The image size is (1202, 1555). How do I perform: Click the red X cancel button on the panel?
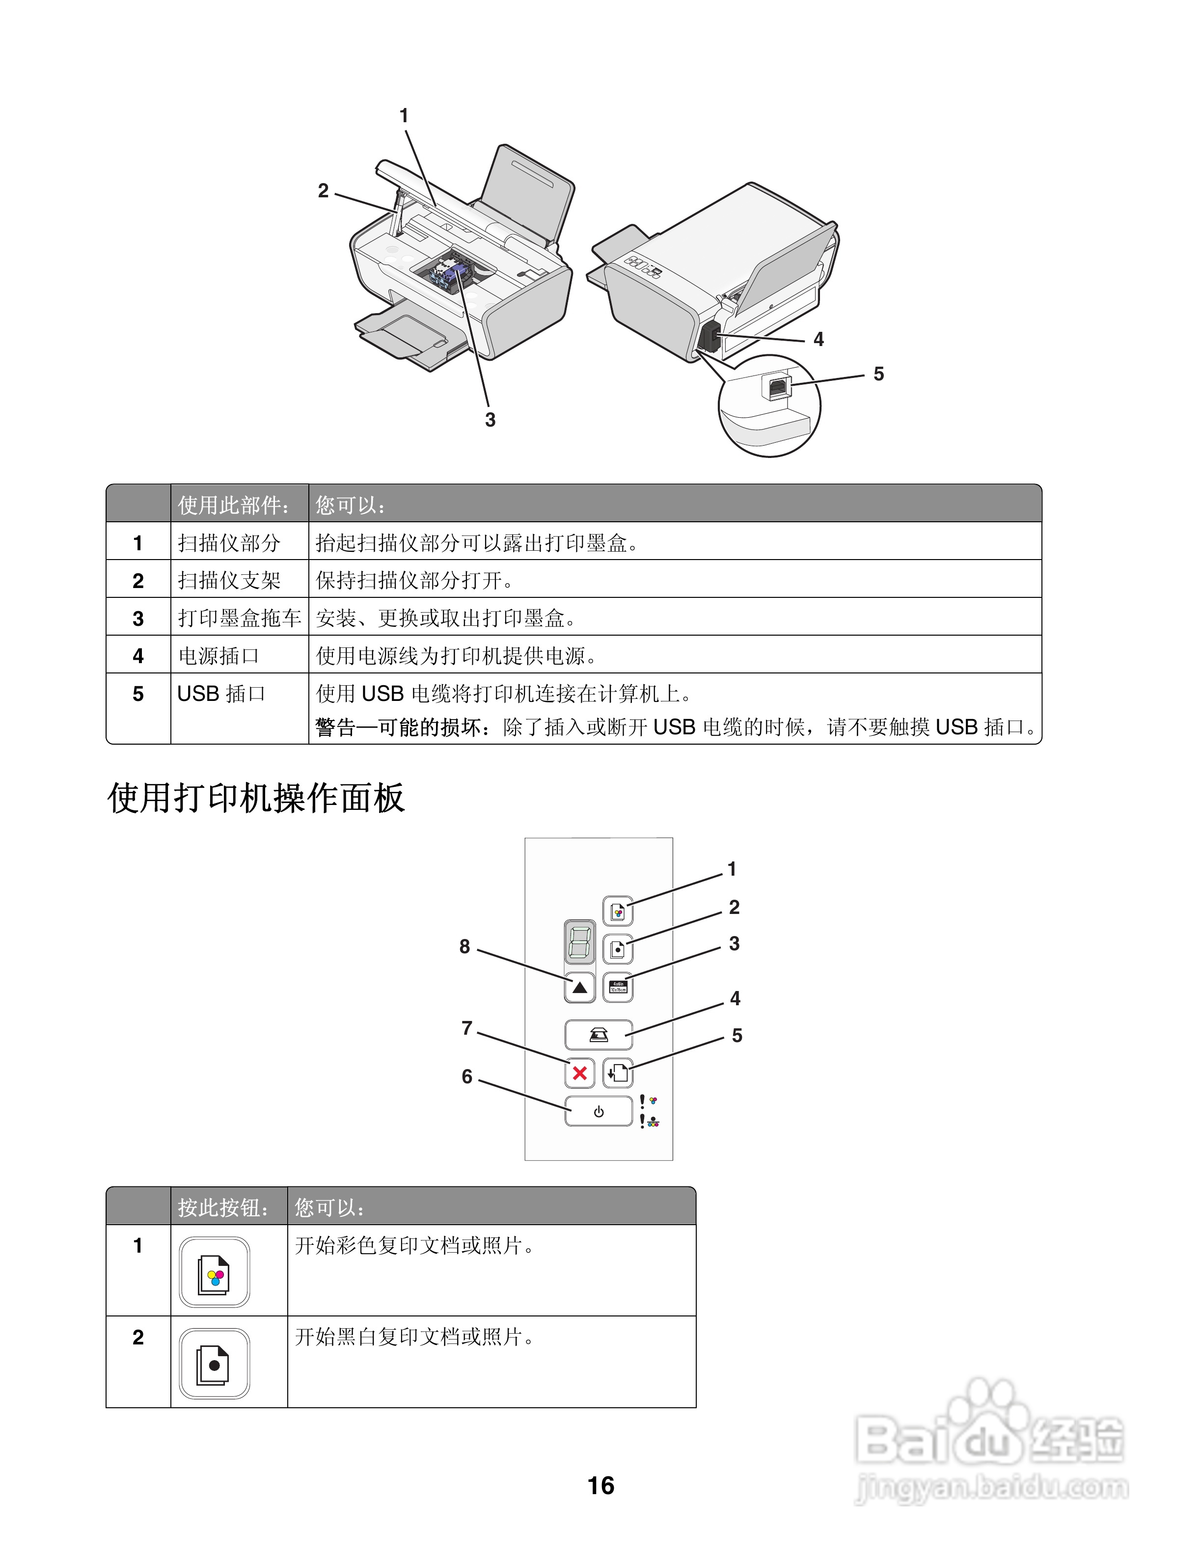pos(579,1073)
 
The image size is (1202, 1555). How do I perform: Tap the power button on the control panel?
pos(598,1111)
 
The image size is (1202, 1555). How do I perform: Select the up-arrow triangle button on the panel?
pos(579,988)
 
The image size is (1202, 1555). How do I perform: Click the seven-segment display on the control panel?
pos(579,941)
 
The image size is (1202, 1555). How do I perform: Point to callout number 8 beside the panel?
pos(464,946)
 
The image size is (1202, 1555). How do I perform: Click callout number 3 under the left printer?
pos(490,420)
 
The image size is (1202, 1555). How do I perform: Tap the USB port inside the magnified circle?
pos(777,387)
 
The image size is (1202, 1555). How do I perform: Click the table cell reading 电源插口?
pos(219,656)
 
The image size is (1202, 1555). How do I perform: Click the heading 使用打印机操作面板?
pos(256,798)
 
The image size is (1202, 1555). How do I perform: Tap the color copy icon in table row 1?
pos(215,1272)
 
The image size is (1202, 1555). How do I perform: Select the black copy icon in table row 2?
pos(215,1364)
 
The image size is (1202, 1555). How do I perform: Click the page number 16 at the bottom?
pos(601,1486)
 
